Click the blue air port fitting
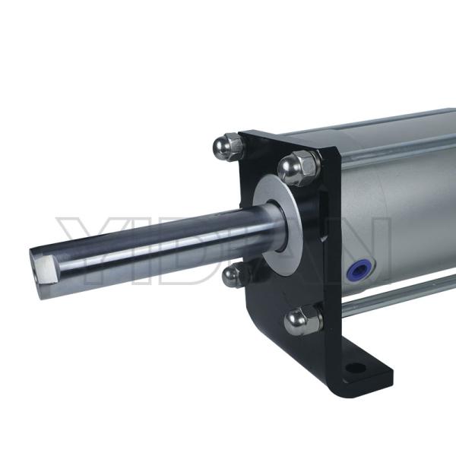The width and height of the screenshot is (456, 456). click(x=357, y=268)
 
